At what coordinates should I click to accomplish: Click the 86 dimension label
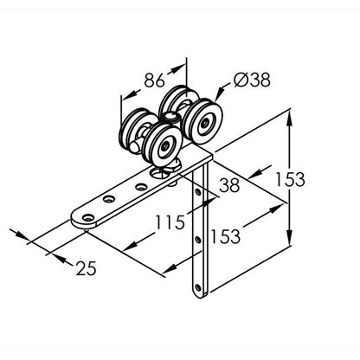coord(154,80)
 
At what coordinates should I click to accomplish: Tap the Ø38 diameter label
coord(252,80)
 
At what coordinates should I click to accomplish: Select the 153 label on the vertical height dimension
coord(290,179)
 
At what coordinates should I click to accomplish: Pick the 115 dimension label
coord(170,222)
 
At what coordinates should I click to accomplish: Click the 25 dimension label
coord(86,268)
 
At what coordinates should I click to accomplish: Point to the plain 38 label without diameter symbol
coord(229,185)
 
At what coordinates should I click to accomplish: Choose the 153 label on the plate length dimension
coord(226,236)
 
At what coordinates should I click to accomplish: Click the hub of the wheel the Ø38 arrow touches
coord(205,123)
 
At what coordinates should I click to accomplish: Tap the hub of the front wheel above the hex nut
coord(165,145)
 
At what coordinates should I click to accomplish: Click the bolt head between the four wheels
coord(170,116)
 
